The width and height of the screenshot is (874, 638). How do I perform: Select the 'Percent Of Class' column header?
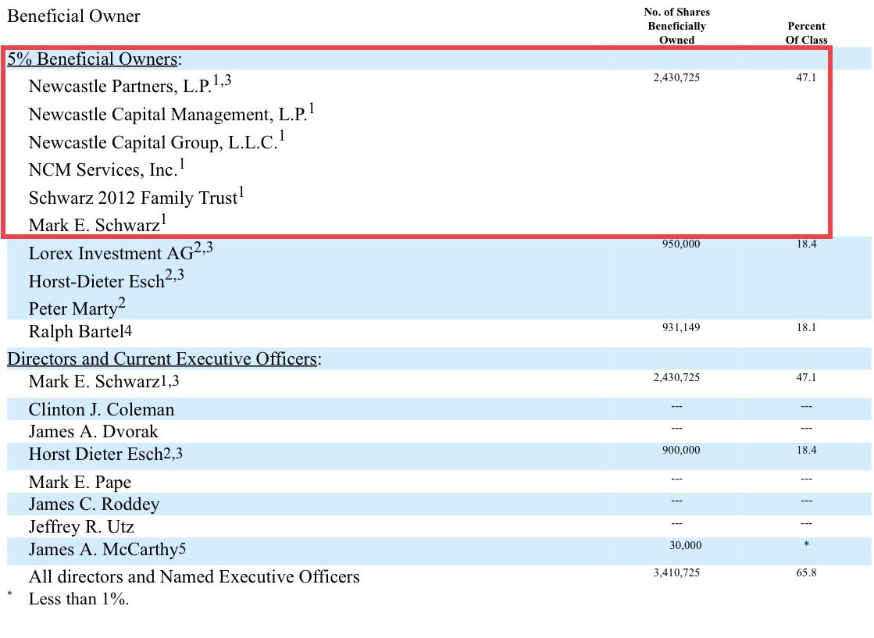coord(807,33)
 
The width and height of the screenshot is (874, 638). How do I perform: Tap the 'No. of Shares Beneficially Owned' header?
coord(676,26)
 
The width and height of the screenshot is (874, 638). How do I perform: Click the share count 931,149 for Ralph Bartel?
coord(680,327)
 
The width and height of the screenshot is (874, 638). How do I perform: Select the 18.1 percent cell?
coord(806,327)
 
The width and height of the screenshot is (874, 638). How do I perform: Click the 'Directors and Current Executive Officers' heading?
coord(164,359)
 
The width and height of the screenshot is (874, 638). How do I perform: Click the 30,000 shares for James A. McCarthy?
coord(685,545)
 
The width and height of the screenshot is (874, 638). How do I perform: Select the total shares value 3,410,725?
coord(676,572)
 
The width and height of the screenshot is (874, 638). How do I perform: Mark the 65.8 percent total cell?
coord(806,572)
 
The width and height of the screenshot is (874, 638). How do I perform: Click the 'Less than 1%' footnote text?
coord(78,600)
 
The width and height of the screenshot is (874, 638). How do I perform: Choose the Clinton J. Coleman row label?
coord(102,409)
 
